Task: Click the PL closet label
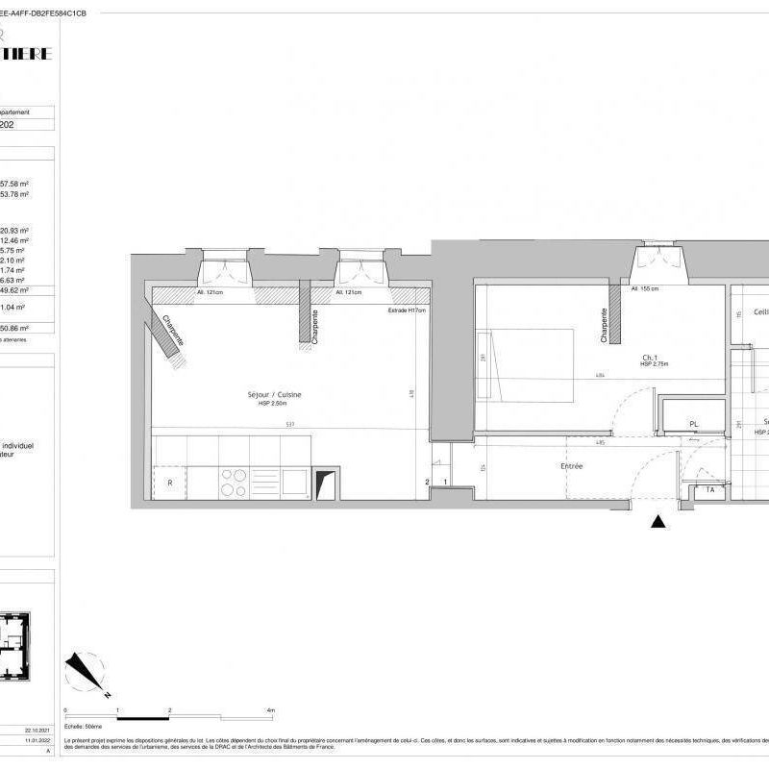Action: [x=693, y=423]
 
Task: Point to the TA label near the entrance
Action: [x=709, y=489]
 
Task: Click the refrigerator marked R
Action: [x=170, y=484]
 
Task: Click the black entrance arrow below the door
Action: [x=658, y=522]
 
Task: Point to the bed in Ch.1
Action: [x=529, y=365]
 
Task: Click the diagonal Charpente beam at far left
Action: [x=163, y=332]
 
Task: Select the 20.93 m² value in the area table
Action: [x=15, y=231]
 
